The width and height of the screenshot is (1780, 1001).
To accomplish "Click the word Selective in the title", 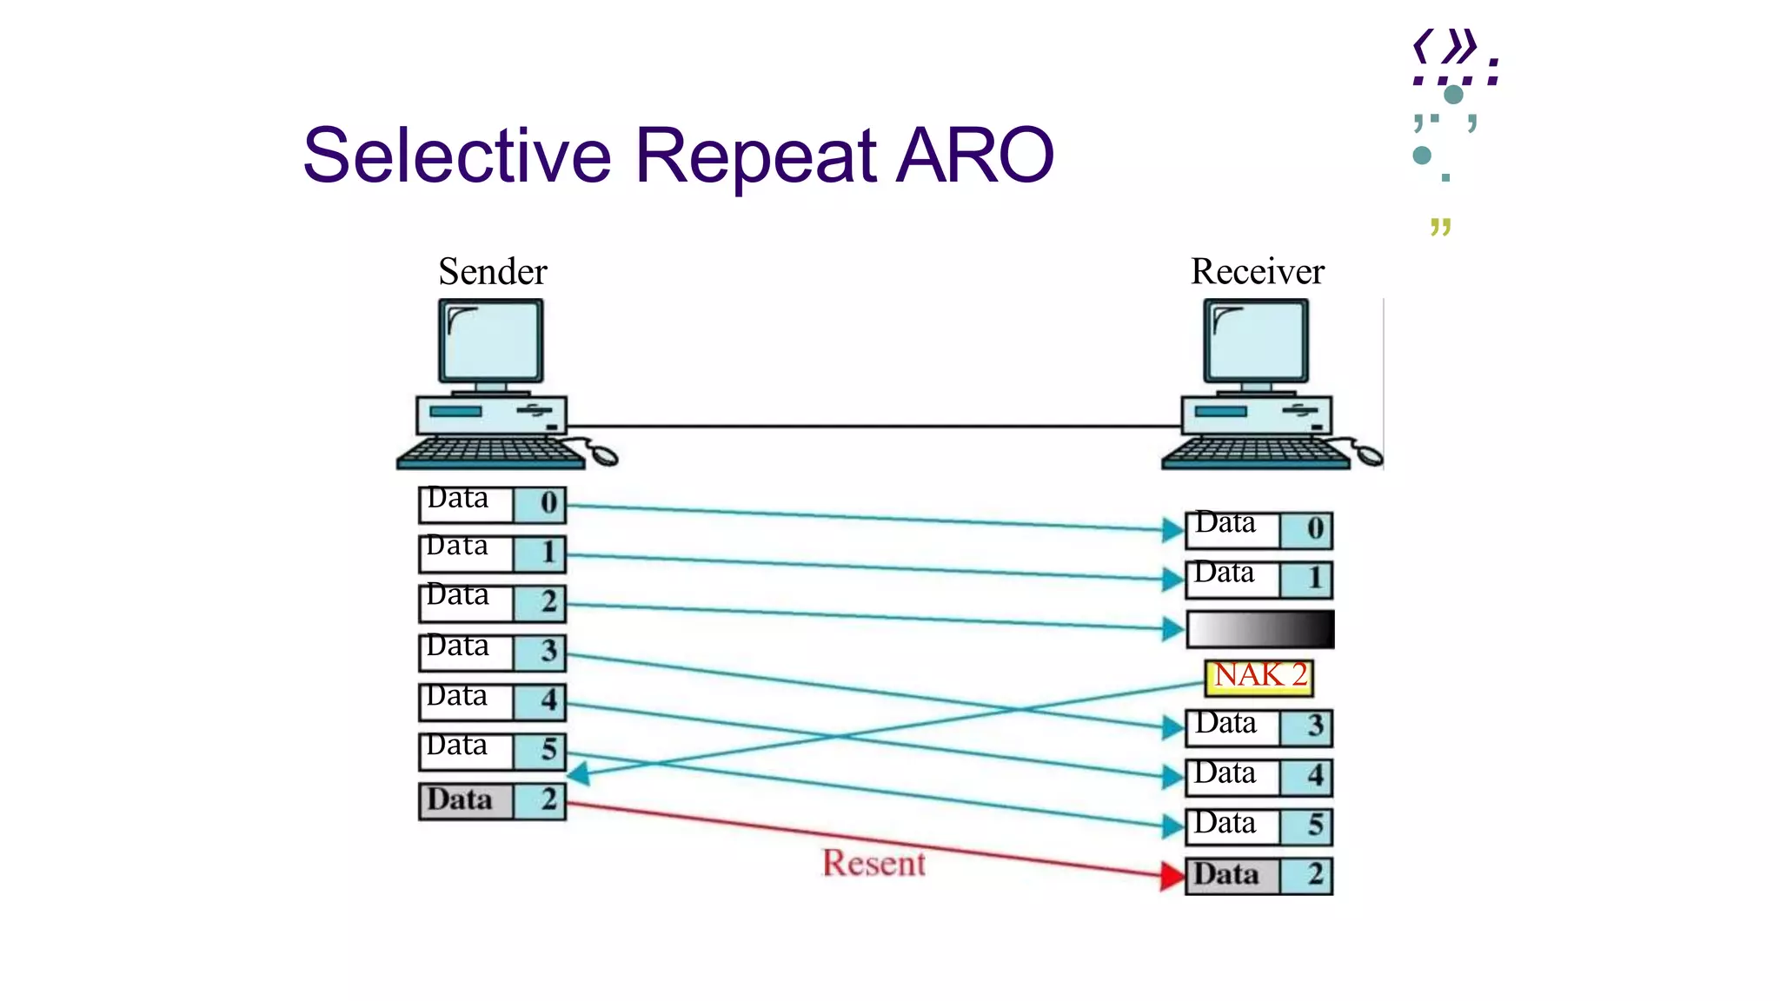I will pyautogui.click(x=457, y=156).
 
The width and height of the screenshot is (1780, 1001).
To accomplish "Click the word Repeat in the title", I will pyautogui.click(x=755, y=156).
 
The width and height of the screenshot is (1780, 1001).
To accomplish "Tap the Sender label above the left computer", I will pyautogui.click(x=492, y=272).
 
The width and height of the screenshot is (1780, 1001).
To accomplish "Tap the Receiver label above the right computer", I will pyautogui.click(x=1257, y=272).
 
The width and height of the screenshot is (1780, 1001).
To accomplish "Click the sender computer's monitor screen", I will pyautogui.click(x=491, y=341).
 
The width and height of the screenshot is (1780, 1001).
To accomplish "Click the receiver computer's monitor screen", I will pyautogui.click(x=1256, y=341).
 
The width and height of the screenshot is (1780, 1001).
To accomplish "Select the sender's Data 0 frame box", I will pyautogui.click(x=492, y=504).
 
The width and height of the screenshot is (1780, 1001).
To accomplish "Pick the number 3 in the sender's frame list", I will pyautogui.click(x=548, y=651).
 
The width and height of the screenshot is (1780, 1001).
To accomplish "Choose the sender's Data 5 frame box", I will pyautogui.click(x=492, y=752).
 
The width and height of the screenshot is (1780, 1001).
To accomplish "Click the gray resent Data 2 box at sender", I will pyautogui.click(x=492, y=801).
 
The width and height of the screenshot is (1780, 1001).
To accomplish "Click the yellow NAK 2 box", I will pyautogui.click(x=1259, y=677).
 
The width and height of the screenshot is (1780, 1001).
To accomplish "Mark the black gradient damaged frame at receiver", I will pyautogui.click(x=1259, y=629).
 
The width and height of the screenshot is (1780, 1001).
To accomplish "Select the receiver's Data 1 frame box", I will pyautogui.click(x=1259, y=579).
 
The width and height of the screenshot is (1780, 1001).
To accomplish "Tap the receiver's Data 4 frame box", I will pyautogui.click(x=1259, y=777).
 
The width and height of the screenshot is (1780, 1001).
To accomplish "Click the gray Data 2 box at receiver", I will pyautogui.click(x=1259, y=876).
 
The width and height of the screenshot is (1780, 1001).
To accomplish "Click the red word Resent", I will pyautogui.click(x=873, y=864).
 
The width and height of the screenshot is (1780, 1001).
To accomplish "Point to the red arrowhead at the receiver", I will pyautogui.click(x=1172, y=876).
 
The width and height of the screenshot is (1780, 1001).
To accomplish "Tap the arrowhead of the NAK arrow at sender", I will pyautogui.click(x=579, y=772).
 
